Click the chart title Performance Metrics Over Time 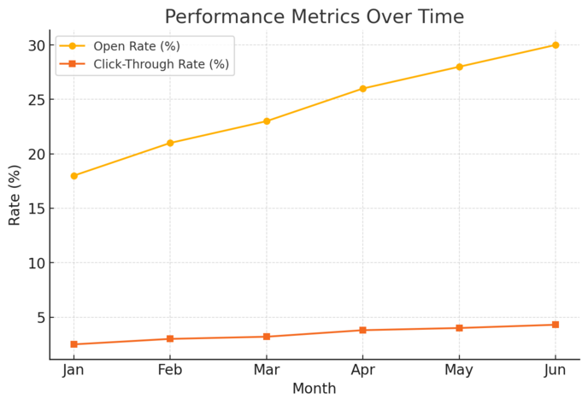314,17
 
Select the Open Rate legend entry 136,46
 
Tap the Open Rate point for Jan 73,176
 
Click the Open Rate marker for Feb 170,143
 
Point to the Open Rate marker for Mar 267,121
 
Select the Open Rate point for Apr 362,89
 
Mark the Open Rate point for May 459,67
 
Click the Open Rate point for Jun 556,45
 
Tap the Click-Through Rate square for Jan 73,344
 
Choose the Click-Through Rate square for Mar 267,337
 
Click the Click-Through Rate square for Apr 362,330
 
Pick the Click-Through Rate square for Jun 556,325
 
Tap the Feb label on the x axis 170,370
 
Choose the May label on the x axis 459,370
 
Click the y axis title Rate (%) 15,195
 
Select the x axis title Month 314,389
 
